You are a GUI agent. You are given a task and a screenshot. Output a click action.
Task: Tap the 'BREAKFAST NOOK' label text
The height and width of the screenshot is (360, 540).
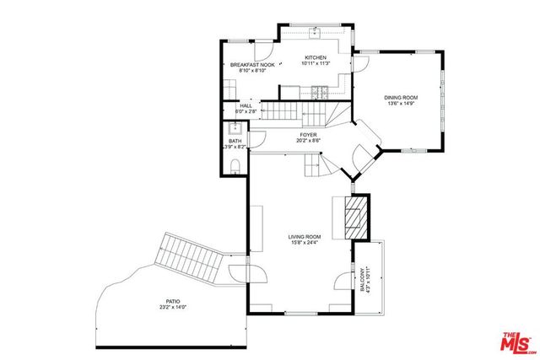pyautogui.click(x=252, y=65)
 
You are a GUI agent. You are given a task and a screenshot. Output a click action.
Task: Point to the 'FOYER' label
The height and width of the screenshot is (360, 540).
pyautogui.click(x=309, y=134)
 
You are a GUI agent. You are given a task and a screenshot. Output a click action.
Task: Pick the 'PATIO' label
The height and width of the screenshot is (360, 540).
pyautogui.click(x=173, y=301)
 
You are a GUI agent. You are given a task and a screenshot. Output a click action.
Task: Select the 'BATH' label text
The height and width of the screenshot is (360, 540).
pyautogui.click(x=235, y=141)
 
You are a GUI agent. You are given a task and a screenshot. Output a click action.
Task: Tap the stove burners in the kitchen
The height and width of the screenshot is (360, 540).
pyautogui.click(x=320, y=89)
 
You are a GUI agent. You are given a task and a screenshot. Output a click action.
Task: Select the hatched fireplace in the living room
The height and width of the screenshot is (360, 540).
pyautogui.click(x=357, y=217)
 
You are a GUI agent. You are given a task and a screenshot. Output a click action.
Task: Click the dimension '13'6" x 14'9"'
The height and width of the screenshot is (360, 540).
pyautogui.click(x=402, y=105)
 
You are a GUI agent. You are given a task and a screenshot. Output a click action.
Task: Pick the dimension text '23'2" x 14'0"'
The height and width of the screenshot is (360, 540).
pyautogui.click(x=173, y=308)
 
